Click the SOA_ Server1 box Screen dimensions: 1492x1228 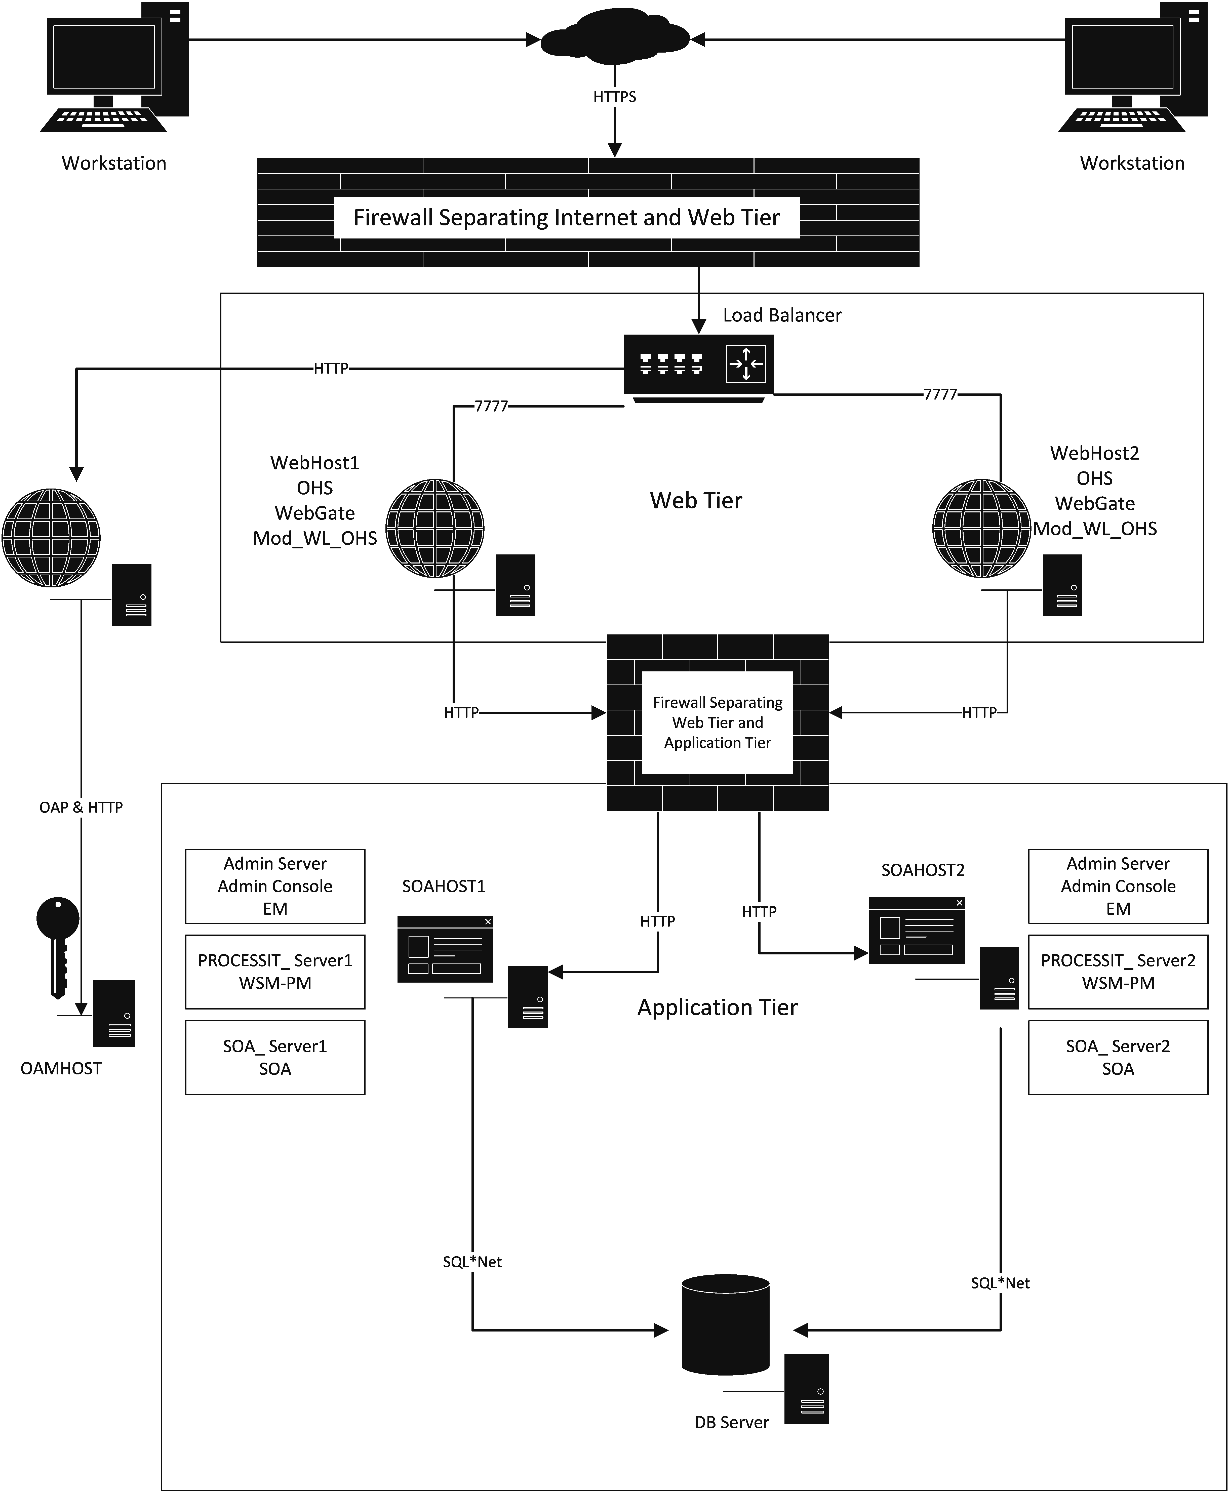pyautogui.click(x=275, y=1057)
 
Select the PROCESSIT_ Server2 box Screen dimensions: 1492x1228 pyautogui.click(x=1118, y=972)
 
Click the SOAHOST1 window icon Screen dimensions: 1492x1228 pyautogui.click(x=445, y=949)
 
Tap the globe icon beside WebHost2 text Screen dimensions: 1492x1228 pyautogui.click(x=981, y=528)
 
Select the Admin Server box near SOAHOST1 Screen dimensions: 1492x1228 pyautogui.click(x=275, y=886)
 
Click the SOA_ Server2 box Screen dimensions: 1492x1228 pyautogui.click(x=1118, y=1057)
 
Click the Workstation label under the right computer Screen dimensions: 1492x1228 pyautogui.click(x=1132, y=163)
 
